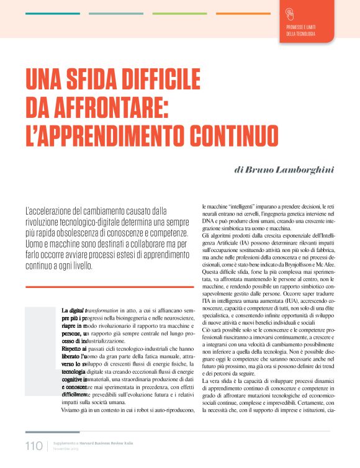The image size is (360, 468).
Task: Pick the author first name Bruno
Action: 261,170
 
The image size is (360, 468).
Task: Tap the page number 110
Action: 34,446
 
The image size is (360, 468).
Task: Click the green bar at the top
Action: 179,13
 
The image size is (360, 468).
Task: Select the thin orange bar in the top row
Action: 243,13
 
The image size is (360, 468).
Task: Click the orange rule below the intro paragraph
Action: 105,286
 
